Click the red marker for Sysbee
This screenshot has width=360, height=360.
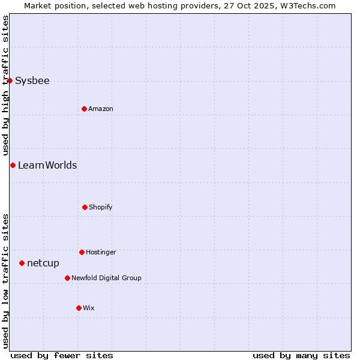[10, 80]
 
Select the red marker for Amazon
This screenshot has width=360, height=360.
[84, 109]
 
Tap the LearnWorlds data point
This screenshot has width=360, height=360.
[13, 165]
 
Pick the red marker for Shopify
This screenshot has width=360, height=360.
[85, 207]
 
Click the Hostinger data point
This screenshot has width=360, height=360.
[82, 252]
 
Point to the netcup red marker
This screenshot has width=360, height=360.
[22, 263]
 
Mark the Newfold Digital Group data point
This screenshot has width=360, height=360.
[67, 278]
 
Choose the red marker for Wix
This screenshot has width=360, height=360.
[79, 308]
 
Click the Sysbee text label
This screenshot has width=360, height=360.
[32, 81]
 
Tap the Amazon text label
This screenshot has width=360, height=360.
[101, 109]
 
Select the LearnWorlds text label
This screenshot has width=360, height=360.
[47, 166]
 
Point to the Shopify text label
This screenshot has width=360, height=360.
[101, 208]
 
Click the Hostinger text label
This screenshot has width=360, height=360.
[101, 253]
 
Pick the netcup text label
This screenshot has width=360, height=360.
[43, 263]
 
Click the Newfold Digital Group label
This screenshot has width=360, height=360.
[106, 278]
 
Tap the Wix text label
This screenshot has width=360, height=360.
[89, 308]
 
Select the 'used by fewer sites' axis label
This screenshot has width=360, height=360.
[62, 356]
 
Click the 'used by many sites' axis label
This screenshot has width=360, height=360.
[301, 356]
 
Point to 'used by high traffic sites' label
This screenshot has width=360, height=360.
[5, 86]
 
